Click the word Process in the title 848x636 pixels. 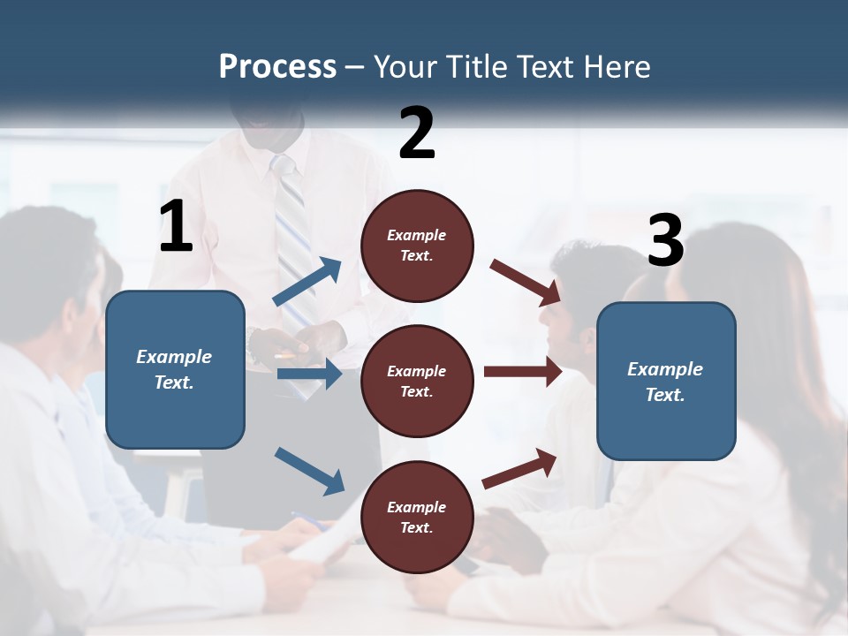coord(277,67)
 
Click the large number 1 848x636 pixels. coord(176,227)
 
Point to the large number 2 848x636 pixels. coord(417,132)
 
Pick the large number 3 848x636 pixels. coord(665,241)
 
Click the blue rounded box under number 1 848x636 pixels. coord(175,369)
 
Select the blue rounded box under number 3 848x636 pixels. coord(666,381)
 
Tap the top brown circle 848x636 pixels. coord(417,246)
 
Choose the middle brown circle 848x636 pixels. coord(417,381)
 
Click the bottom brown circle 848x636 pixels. coord(417,517)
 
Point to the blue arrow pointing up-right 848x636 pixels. coord(307,282)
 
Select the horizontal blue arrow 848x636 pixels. coord(309,375)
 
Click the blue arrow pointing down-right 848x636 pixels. coord(309,470)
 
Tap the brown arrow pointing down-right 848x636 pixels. coord(525,282)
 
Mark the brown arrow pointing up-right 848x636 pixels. coord(519,468)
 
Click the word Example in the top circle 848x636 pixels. coord(417,235)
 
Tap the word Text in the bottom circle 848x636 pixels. coord(415,527)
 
